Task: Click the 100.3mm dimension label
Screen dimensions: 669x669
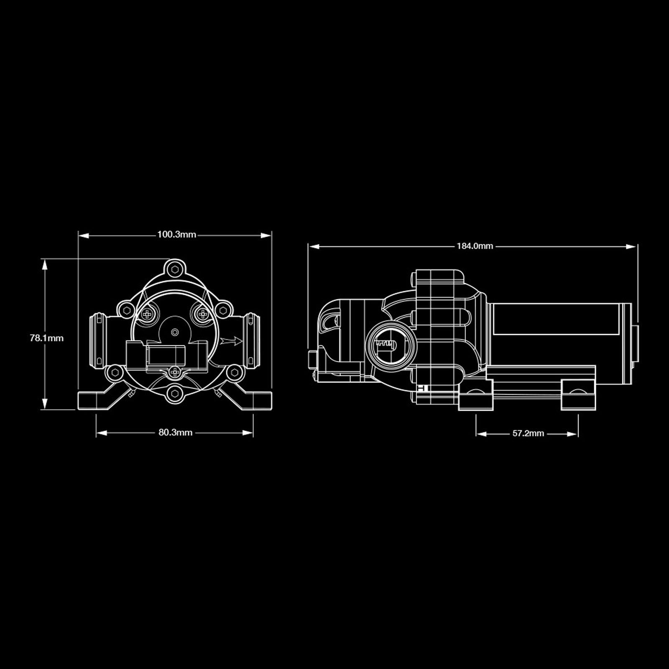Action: click(176, 235)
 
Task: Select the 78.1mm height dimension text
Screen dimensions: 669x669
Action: click(46, 338)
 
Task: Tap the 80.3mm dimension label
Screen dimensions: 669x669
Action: click(175, 432)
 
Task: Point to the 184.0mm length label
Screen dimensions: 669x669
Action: click(475, 246)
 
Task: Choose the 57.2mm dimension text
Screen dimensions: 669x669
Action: click(528, 434)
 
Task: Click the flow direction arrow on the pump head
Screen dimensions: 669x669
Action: click(232, 341)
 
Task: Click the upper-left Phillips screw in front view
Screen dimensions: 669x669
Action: click(147, 314)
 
